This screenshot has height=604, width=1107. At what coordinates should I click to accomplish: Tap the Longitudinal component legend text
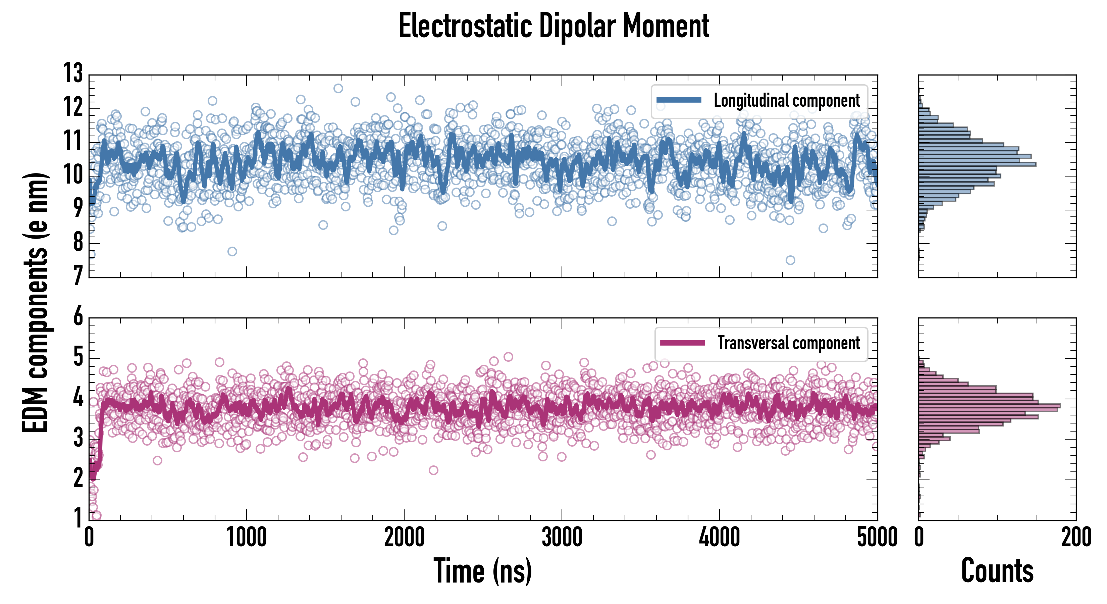(786, 101)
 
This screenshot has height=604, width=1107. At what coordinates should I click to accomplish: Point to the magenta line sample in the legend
(682, 343)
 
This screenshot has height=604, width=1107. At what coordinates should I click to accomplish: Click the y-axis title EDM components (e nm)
(35, 303)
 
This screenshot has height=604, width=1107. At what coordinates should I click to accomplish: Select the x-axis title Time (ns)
(483, 571)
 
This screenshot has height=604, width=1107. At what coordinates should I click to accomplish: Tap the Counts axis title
(997, 571)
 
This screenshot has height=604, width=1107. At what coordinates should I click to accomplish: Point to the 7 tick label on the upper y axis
(77, 275)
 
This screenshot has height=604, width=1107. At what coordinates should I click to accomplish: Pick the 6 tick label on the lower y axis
(78, 317)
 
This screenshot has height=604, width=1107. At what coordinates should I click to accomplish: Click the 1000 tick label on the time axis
(246, 537)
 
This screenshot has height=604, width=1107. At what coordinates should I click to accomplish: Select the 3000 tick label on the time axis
(562, 537)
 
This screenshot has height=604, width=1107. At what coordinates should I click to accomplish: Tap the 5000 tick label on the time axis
(877, 537)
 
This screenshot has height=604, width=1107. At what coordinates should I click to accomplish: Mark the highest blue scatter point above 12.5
(338, 89)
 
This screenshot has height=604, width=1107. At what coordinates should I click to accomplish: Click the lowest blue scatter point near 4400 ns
(790, 260)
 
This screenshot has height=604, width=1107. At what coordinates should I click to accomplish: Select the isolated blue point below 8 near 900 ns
(232, 251)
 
